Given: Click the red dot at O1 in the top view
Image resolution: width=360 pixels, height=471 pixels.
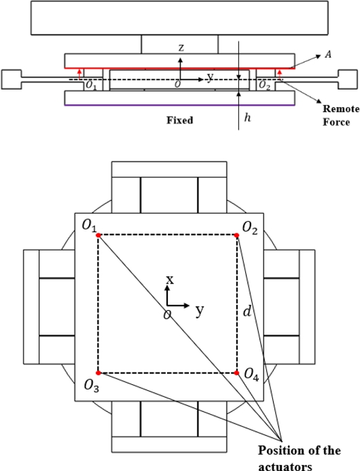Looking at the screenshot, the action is (x=98, y=235).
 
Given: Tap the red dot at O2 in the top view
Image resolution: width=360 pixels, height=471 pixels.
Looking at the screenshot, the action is (x=236, y=235).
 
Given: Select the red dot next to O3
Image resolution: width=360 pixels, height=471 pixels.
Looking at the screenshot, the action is (x=98, y=373).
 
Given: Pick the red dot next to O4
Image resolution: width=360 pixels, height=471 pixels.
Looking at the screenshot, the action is (x=236, y=373).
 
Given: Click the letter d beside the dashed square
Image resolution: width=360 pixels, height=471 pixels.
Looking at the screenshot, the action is (x=247, y=312).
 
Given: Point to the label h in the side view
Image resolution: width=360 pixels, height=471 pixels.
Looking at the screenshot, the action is (x=247, y=117).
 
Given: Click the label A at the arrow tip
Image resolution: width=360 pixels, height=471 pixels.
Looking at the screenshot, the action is (x=328, y=54).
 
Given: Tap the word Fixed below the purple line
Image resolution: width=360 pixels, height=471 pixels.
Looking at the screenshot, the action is (x=180, y=120).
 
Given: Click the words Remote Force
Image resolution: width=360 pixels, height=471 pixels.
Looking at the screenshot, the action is (x=341, y=115).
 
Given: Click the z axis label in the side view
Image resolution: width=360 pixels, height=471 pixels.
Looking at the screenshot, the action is (x=181, y=48).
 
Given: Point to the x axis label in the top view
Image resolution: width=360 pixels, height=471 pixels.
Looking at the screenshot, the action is (x=170, y=280).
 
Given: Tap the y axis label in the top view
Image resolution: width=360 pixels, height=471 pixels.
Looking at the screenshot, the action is (x=200, y=310).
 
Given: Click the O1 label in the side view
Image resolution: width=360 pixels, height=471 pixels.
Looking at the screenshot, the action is (x=91, y=86).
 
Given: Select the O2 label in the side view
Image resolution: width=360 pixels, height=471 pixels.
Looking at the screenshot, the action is (x=264, y=86).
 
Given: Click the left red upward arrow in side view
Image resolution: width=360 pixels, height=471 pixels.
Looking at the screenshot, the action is (x=79, y=74).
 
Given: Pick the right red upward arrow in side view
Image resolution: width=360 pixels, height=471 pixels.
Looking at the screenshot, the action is (x=280, y=74).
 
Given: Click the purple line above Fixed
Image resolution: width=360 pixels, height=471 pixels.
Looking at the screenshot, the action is (x=179, y=105).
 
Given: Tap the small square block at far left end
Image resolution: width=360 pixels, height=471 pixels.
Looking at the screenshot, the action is (x=12, y=79).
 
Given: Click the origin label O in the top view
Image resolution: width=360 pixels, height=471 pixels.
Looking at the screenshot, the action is (x=167, y=315).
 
